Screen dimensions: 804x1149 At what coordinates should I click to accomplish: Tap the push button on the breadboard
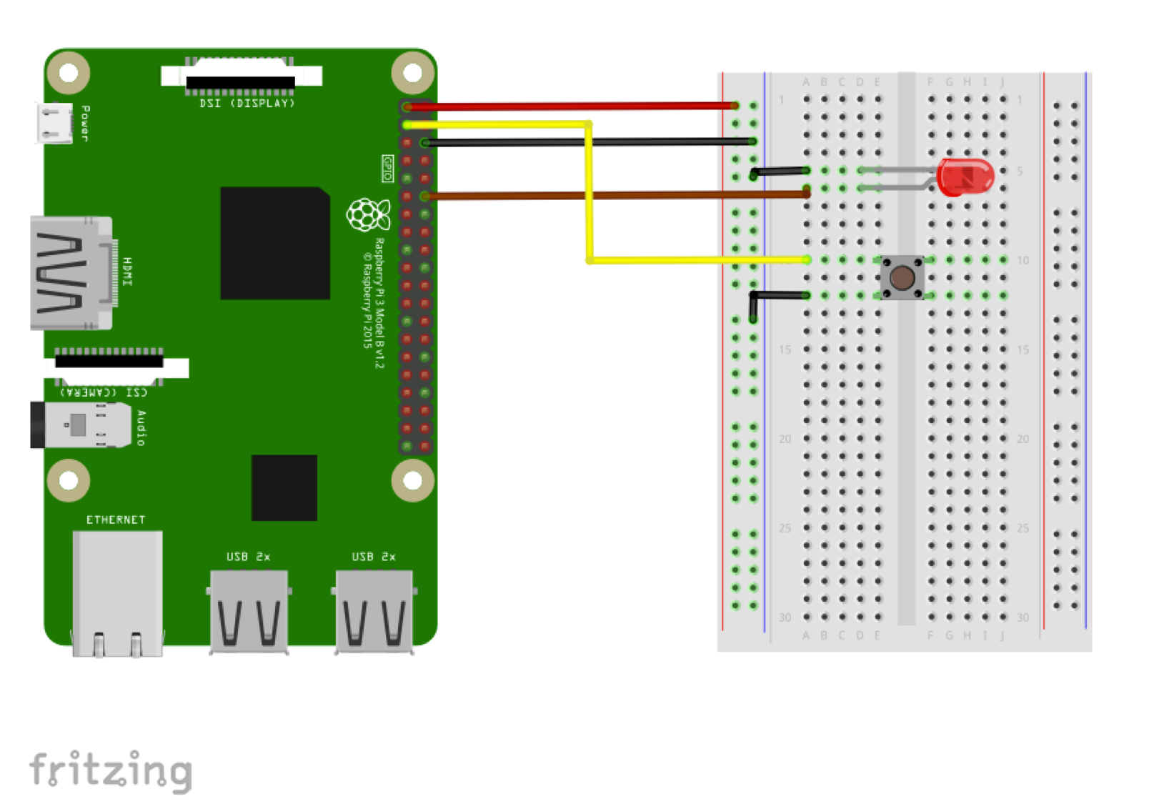point(902,277)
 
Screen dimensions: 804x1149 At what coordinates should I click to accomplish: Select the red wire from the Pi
point(572,106)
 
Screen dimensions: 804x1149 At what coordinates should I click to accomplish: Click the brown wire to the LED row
point(615,194)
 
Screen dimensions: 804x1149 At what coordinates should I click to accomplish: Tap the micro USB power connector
point(54,123)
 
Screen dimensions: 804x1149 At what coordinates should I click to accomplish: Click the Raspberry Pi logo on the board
point(368,214)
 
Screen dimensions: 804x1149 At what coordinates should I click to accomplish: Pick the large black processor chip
point(275,243)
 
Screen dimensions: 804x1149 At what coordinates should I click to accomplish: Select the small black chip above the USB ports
point(284,487)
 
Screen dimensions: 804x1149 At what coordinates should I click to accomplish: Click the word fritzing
point(111,770)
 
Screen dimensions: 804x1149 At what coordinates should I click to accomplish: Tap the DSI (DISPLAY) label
point(247,104)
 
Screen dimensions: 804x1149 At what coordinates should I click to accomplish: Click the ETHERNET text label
point(116,520)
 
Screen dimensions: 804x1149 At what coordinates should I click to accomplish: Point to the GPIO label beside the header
point(387,168)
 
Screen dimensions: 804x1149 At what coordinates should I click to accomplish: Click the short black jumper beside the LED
point(779,171)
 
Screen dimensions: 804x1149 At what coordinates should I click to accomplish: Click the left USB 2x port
point(249,611)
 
